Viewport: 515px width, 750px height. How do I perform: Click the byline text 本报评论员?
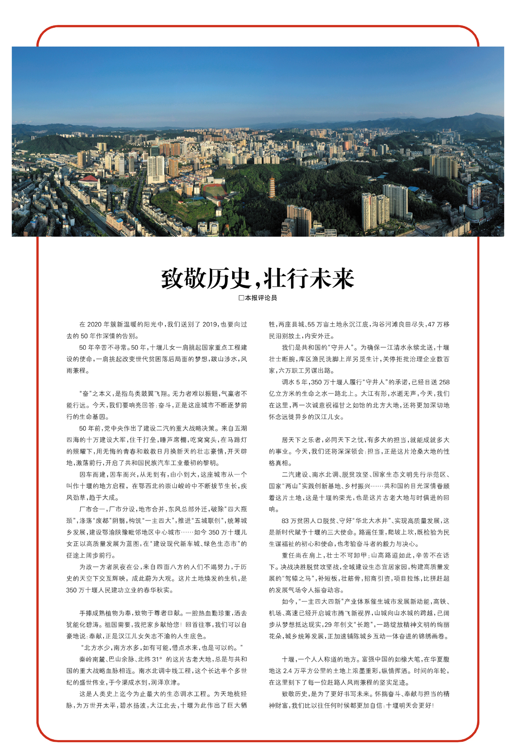point(261,298)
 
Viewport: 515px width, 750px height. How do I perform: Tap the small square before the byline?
point(241,298)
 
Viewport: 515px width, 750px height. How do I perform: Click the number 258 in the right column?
point(444,382)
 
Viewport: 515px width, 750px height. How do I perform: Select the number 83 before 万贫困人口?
point(285,521)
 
